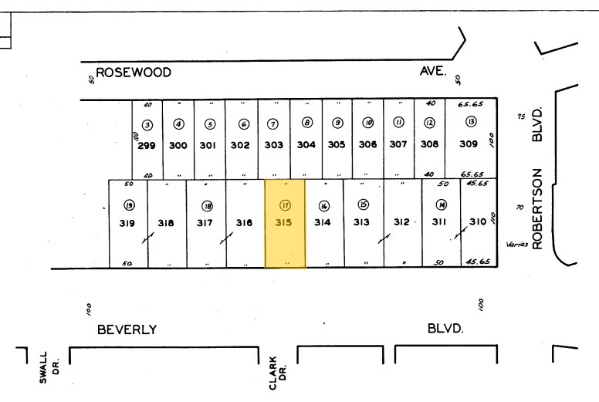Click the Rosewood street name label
click(134, 73)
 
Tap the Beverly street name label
click(127, 329)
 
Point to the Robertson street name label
click(538, 208)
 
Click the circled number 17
click(285, 206)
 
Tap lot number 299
click(147, 144)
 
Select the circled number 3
click(147, 124)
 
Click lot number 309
click(469, 144)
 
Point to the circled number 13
click(470, 122)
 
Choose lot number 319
click(127, 223)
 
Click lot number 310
click(479, 222)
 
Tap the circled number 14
click(441, 205)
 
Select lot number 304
click(306, 144)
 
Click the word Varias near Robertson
click(516, 245)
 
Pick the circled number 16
click(324, 206)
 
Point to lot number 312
click(401, 222)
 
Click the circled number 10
click(367, 123)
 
